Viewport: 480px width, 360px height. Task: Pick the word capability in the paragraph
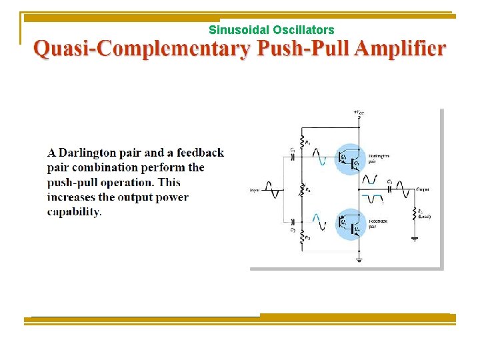(73, 212)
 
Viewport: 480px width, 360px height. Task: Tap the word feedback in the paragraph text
(200, 153)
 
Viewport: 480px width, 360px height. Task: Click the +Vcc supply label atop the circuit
(359, 112)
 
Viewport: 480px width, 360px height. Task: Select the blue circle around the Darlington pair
(349, 159)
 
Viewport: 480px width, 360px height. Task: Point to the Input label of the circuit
(255, 190)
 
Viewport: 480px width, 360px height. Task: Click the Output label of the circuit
(423, 190)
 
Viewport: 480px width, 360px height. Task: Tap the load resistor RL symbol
(415, 213)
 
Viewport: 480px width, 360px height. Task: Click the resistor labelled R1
(302, 142)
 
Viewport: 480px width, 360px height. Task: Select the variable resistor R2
(302, 191)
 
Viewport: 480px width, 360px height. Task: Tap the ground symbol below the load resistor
(415, 237)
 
